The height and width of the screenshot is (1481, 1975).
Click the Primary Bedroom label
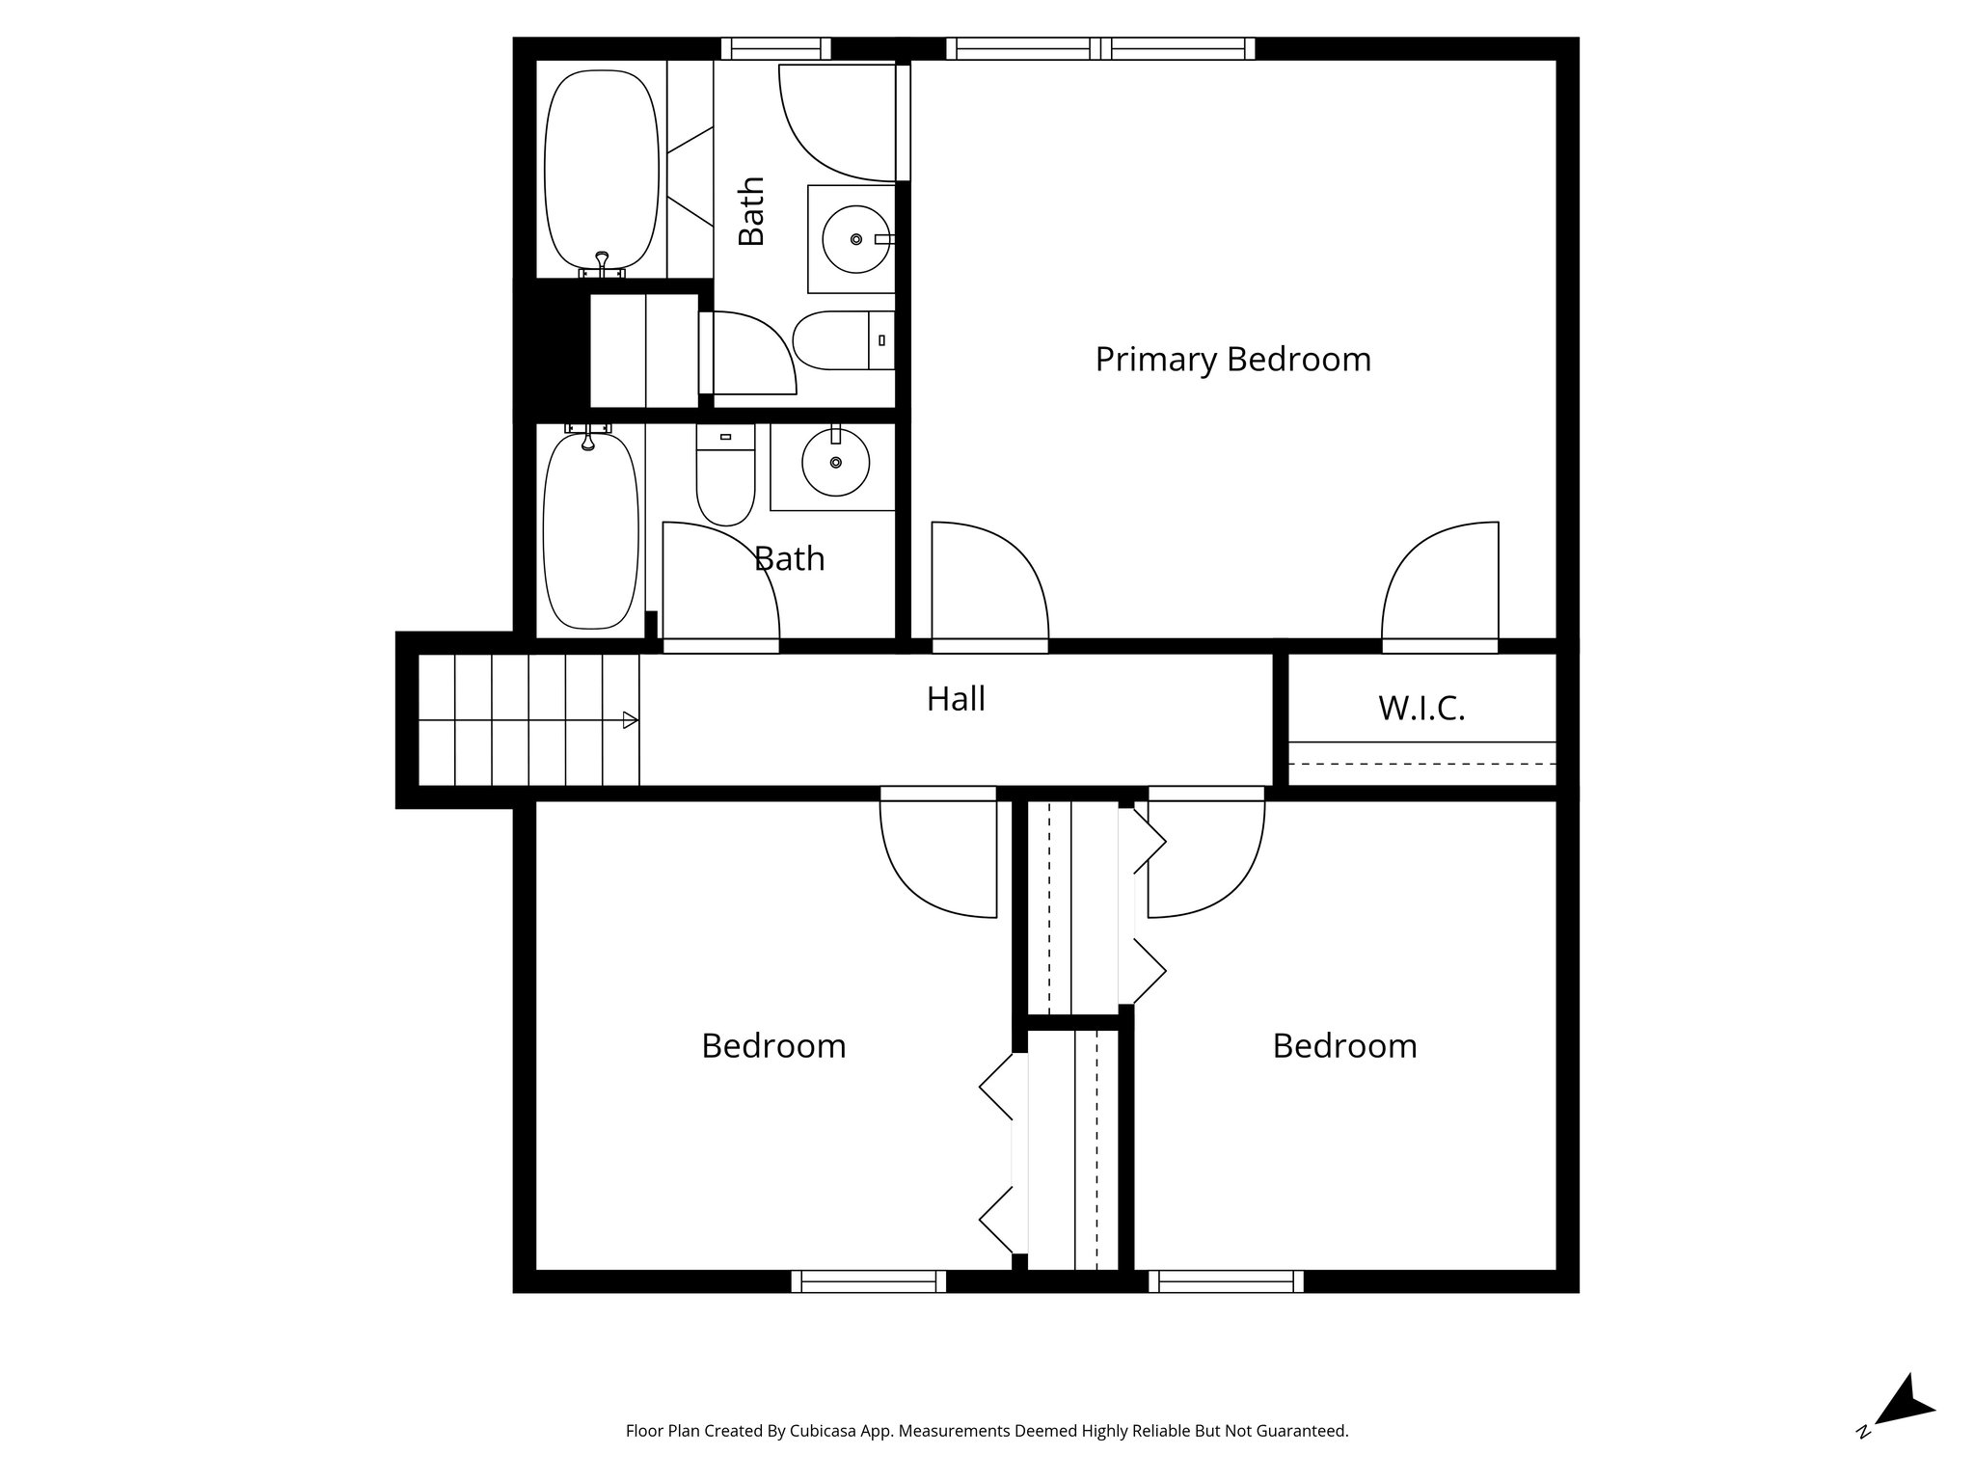[x=1232, y=360]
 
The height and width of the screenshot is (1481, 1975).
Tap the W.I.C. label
[x=1421, y=709]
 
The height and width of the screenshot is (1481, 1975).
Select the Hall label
[x=956, y=699]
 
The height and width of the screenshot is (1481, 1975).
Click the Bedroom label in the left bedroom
[x=773, y=1046]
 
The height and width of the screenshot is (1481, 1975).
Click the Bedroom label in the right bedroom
[x=1344, y=1046]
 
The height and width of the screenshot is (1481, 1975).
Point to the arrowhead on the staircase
[x=630, y=719]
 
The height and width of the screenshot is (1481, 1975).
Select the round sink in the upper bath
[x=855, y=238]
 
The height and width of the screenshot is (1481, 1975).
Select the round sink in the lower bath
[x=835, y=463]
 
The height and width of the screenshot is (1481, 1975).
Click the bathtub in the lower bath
[x=590, y=531]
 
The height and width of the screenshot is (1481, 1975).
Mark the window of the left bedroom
[x=869, y=1281]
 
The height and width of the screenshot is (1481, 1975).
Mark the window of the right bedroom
[x=1226, y=1281]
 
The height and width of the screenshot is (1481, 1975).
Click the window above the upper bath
[x=776, y=48]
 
